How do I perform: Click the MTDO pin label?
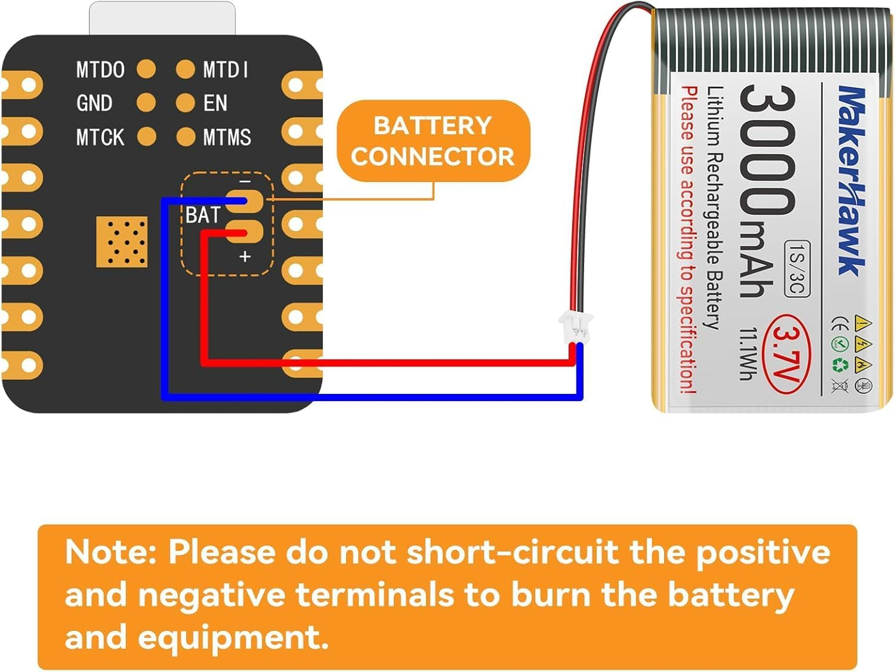point(100,70)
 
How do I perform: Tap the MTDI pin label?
point(226,70)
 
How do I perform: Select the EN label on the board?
point(215,103)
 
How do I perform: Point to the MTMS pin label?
point(227,137)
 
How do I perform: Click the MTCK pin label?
point(100,137)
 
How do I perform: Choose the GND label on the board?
point(94,103)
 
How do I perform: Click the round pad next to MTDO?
point(146,69)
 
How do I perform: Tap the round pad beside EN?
point(185,103)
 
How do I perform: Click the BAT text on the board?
point(203,215)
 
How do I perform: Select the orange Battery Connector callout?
point(433,141)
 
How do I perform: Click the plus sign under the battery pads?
point(245,257)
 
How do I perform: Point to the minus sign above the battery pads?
point(245,181)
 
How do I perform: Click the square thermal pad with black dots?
point(122,242)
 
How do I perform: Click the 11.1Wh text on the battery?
point(748,353)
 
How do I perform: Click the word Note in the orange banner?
point(110,551)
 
